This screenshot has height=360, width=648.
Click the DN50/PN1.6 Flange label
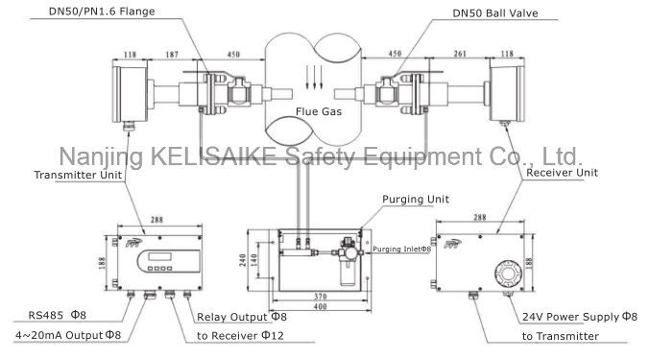102,12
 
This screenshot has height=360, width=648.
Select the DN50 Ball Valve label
495,13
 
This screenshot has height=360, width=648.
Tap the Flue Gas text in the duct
319,111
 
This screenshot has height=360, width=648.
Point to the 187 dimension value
172,55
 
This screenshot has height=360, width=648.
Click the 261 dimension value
460,54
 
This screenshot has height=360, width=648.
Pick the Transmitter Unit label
78,175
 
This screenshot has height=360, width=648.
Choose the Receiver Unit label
562,173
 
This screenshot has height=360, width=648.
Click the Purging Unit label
416,200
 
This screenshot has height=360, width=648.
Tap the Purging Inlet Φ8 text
401,250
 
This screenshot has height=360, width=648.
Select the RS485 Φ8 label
57,315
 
